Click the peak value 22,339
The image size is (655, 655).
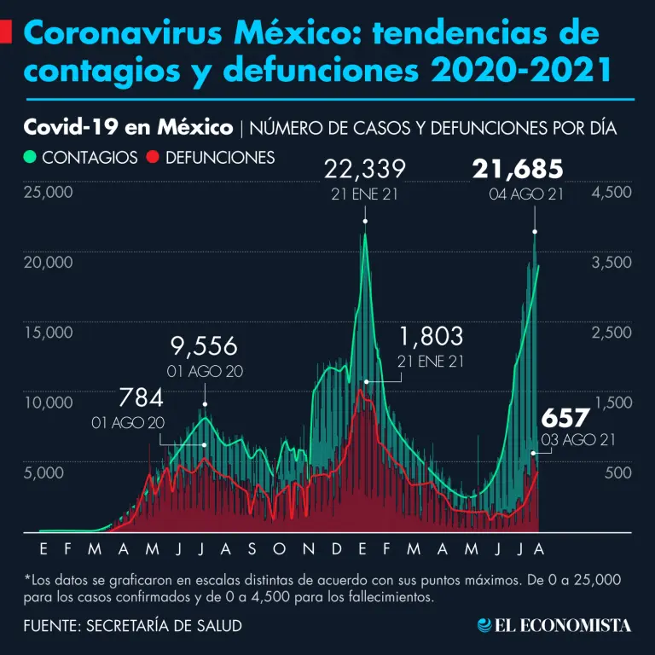point(365,169)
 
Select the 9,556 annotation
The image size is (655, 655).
point(204,347)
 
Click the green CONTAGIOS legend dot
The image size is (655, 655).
point(31,158)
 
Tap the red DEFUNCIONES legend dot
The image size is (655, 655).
point(154,158)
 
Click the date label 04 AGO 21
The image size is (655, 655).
point(526,194)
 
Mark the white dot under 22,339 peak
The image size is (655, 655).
point(365,222)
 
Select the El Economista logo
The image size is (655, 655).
point(554,625)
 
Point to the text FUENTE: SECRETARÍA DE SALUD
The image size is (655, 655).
point(132,625)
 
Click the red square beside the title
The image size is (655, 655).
point(5,34)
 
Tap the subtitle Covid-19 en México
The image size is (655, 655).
point(128,128)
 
